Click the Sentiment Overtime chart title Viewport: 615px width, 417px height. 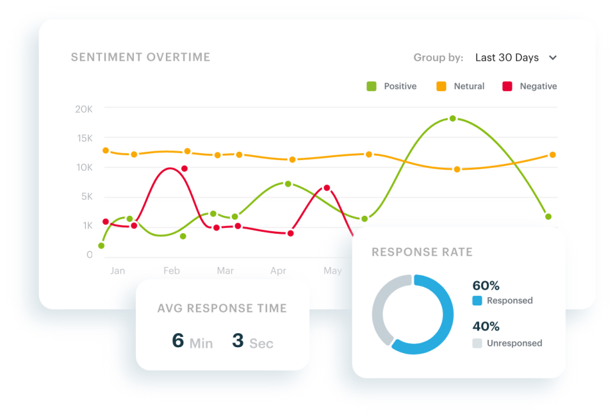pos(140,58)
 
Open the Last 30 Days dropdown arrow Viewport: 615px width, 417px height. pos(553,58)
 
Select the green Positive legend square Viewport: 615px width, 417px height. pos(371,86)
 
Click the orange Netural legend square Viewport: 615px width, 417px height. pos(441,86)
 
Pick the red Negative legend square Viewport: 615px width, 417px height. pos(507,86)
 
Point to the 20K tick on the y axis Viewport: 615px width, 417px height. pos(84,110)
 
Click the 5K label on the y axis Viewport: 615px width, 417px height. pos(86,197)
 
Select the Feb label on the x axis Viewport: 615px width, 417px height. pos(172,271)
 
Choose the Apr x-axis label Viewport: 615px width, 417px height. pos(278,271)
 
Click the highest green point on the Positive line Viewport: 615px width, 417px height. pos(452,119)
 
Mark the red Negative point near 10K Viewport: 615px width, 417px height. pos(184,168)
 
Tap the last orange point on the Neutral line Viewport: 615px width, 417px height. pos(552,155)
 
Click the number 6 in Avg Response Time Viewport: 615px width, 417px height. pos(177,340)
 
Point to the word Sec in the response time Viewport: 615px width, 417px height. pos(261,344)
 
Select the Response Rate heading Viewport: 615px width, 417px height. pos(422,252)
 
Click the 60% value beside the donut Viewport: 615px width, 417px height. pos(486,286)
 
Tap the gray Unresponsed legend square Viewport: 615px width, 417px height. pos(477,343)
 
